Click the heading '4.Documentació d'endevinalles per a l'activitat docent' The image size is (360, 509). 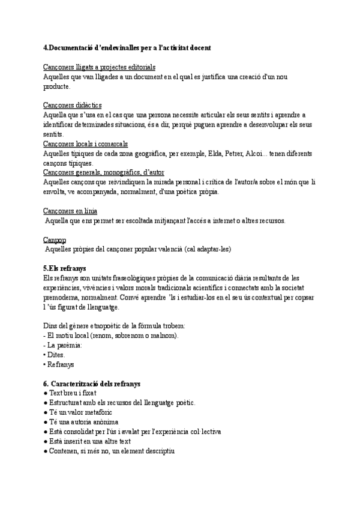127,47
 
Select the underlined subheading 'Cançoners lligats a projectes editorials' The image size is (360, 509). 100,67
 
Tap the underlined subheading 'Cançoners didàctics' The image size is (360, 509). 73,106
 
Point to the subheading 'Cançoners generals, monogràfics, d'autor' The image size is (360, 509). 104,173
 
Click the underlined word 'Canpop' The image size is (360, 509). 55,239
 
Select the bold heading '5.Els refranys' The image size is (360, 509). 65,268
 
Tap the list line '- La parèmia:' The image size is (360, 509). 64,345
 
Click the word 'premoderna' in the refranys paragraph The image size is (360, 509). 64,297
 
